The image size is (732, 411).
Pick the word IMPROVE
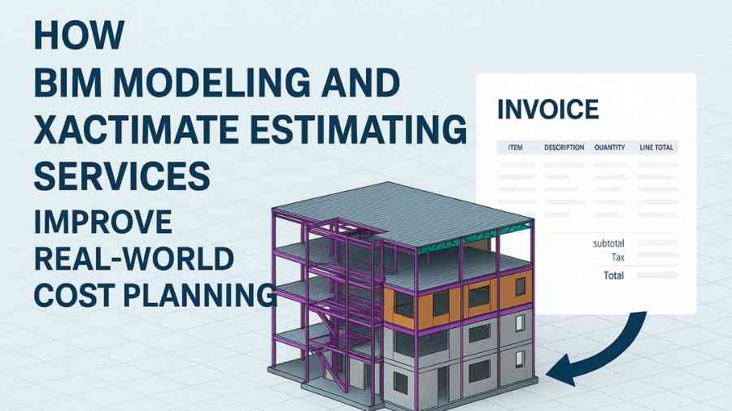[x=102, y=222]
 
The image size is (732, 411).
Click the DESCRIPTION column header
[x=564, y=147]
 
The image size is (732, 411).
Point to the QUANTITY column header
[x=609, y=147]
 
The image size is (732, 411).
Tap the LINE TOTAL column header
[x=656, y=147]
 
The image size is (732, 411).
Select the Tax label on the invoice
[x=617, y=257]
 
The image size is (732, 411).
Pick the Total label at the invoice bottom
[x=613, y=275]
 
